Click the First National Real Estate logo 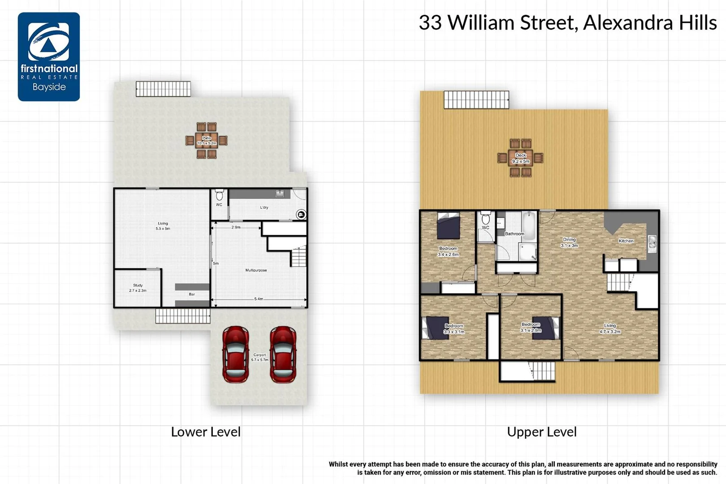[x=49, y=56]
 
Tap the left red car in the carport [x=236, y=354]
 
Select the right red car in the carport [x=283, y=354]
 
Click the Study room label [x=138, y=288]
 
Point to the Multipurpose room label [x=256, y=270]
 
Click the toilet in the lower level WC [x=219, y=195]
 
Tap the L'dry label [x=264, y=207]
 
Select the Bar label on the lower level [x=192, y=294]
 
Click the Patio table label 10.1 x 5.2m [x=207, y=141]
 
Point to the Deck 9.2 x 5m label [x=521, y=158]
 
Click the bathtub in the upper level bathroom [x=529, y=225]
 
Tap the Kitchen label [x=626, y=241]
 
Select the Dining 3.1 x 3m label [x=569, y=242]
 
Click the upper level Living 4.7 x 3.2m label [x=610, y=328]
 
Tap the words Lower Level [x=206, y=432]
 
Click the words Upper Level [x=541, y=432]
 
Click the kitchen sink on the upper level [x=652, y=242]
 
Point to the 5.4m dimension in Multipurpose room [x=259, y=299]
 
